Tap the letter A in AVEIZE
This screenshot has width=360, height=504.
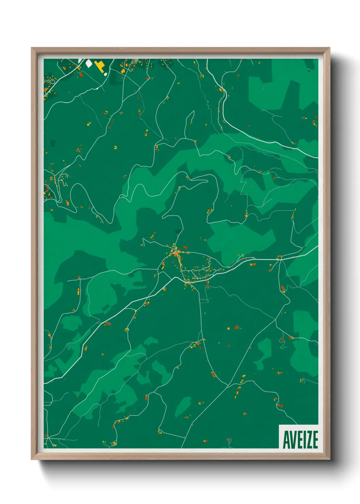coord(286,440)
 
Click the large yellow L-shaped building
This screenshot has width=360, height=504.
coord(100,65)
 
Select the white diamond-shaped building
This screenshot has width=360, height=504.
coord(89,63)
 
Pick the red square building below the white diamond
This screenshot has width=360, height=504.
coord(81,74)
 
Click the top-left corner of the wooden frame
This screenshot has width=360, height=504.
coord(32,48)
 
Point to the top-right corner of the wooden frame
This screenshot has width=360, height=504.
coord(329,48)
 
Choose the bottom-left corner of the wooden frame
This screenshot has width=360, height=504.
coord(32,459)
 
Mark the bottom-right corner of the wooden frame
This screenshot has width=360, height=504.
coord(329,459)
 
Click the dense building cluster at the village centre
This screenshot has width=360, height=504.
coord(176,253)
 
